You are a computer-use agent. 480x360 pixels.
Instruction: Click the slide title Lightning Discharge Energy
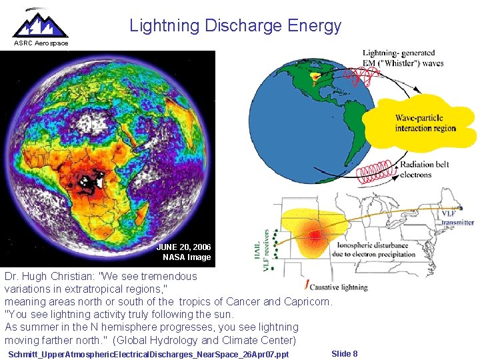tap(235, 26)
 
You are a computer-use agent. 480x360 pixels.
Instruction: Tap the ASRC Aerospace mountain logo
tap(41, 23)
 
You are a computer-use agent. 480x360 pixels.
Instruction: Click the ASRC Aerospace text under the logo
tap(41, 43)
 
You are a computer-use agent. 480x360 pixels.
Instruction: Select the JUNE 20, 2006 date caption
tap(183, 247)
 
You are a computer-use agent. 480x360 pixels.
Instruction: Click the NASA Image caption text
tap(187, 257)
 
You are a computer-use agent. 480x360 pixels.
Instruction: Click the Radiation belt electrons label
tap(425, 170)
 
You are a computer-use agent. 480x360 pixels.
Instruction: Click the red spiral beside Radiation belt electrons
tap(376, 173)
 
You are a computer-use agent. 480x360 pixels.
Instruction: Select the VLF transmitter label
tap(457, 218)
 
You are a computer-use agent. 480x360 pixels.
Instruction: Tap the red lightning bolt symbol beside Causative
tap(307, 285)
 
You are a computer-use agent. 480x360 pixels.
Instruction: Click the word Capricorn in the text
tap(306, 301)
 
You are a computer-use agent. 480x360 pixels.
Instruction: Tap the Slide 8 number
tap(344, 353)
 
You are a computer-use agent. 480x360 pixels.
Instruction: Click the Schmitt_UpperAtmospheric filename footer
tap(149, 354)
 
